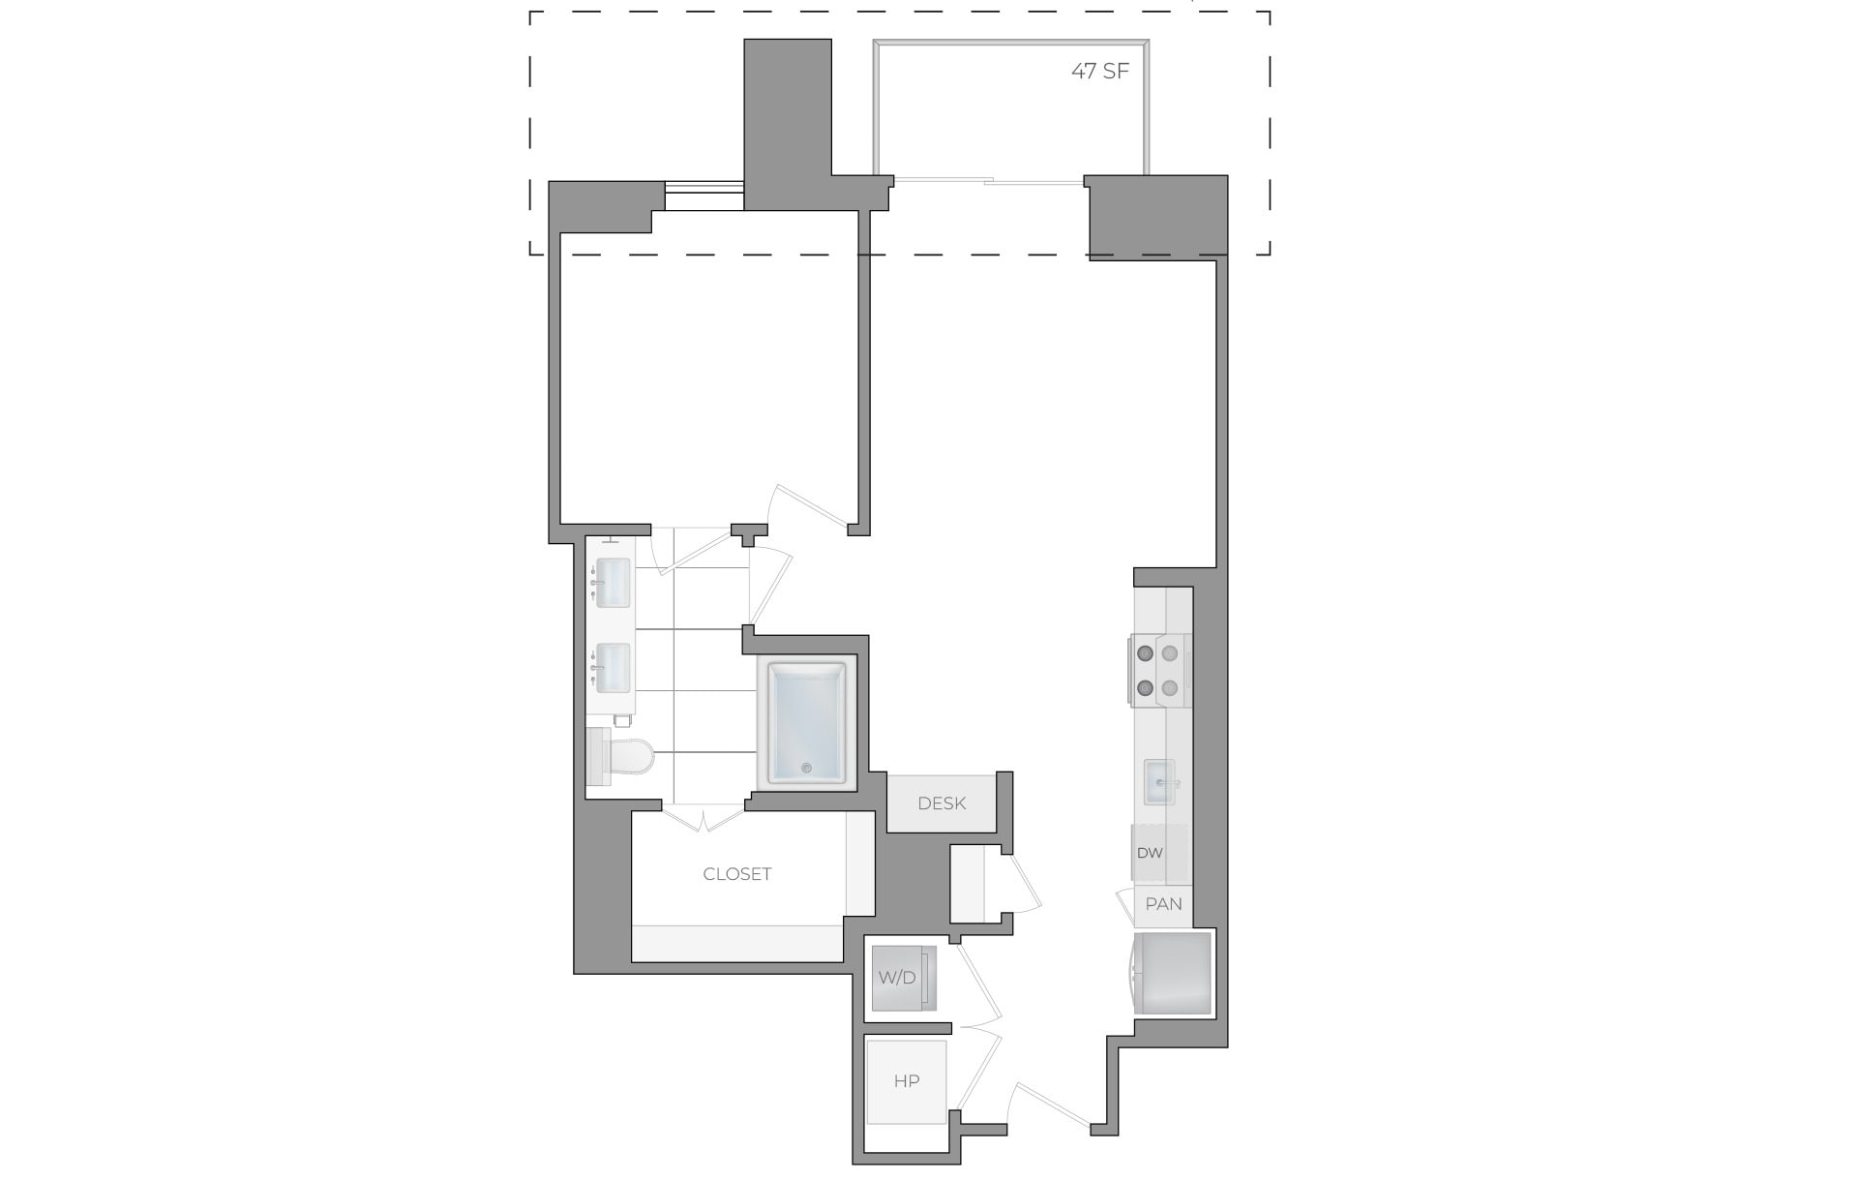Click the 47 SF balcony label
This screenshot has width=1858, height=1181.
[x=1100, y=71]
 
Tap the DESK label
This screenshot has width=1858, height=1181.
[x=942, y=802]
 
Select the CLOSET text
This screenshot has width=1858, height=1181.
[x=737, y=874]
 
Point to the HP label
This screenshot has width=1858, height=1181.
[x=907, y=1080]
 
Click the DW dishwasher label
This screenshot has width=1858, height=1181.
[x=1150, y=853]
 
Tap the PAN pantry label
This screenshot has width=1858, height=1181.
[x=1163, y=904]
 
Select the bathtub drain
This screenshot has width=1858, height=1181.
[x=806, y=769]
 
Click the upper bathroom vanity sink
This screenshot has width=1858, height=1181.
[x=613, y=583]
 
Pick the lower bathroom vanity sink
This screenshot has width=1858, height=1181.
[x=613, y=668]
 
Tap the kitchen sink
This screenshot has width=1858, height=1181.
[x=1159, y=782]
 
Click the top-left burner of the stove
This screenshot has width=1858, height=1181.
[x=1146, y=652]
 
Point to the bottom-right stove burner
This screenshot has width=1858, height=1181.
[x=1170, y=688]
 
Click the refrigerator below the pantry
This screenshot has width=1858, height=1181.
[x=1173, y=973]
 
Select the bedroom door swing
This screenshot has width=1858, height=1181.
[x=803, y=508]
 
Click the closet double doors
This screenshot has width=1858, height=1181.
[x=704, y=820]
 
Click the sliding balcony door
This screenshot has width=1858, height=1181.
[x=987, y=181]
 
